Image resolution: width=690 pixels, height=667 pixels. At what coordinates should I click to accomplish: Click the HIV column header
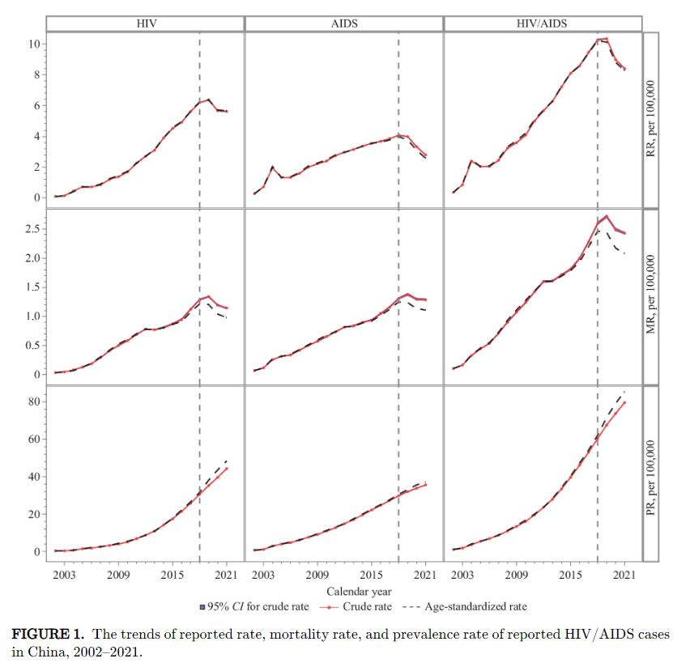(145, 23)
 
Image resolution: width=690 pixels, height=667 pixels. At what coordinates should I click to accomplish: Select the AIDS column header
(344, 23)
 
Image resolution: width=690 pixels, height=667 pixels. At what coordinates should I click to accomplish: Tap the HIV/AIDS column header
(542, 23)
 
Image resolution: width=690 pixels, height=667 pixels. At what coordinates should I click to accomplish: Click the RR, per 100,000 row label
(652, 120)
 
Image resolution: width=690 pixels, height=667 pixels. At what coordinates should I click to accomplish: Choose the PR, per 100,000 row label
(652, 474)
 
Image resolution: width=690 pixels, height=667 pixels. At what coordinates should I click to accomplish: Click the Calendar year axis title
(344, 590)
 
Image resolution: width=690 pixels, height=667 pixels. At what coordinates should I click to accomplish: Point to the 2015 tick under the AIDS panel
(371, 576)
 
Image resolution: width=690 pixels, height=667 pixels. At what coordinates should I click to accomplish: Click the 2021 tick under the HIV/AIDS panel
(624, 576)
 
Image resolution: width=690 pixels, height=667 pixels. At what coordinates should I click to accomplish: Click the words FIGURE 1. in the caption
(55, 634)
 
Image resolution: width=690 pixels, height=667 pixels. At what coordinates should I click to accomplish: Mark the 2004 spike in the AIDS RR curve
(273, 167)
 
